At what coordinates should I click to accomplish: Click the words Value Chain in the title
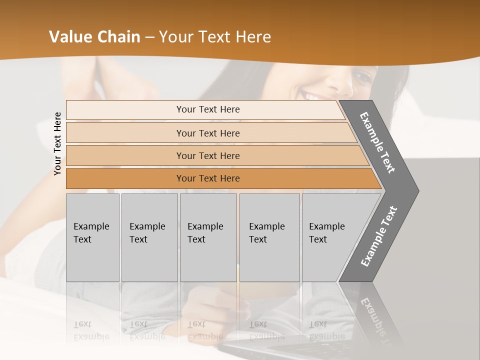94,37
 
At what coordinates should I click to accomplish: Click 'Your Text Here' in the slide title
215,37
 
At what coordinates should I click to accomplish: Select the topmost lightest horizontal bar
207,109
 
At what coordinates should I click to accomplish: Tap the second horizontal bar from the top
207,133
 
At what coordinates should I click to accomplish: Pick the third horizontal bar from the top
207,155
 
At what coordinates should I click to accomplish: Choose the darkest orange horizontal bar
207,178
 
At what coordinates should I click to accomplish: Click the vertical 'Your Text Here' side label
58,144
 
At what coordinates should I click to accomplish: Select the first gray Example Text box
92,237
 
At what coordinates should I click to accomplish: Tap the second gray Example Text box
149,237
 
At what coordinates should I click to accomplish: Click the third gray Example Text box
207,237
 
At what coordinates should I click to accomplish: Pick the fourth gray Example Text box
269,237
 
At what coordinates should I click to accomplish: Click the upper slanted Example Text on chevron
377,142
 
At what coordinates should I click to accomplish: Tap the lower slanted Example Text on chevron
379,236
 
